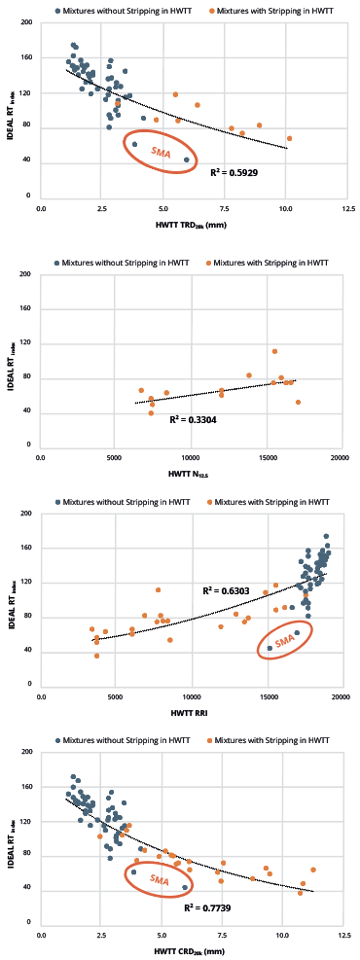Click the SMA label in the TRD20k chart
coord(161,150)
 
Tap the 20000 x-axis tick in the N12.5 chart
coord(340,455)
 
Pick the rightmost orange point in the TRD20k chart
coord(289,138)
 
